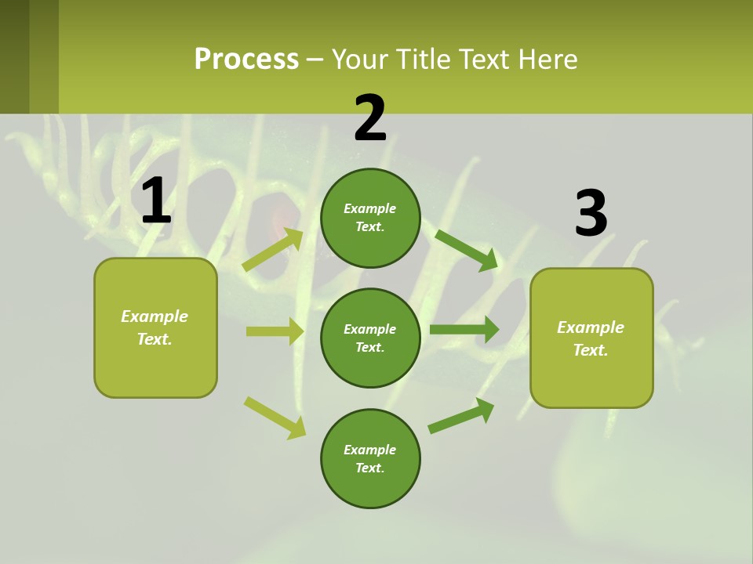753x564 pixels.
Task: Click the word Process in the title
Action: [x=246, y=60]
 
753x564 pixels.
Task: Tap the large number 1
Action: [x=156, y=201]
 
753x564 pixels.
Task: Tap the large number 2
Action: [x=370, y=118]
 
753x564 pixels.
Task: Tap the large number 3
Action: [x=591, y=214]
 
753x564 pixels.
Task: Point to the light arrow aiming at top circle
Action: [x=274, y=249]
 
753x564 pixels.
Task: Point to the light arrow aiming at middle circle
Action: [x=275, y=331]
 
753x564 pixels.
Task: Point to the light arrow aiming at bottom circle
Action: [x=275, y=418]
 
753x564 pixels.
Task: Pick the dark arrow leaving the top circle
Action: [x=466, y=250]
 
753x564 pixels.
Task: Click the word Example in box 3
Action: [x=591, y=327]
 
